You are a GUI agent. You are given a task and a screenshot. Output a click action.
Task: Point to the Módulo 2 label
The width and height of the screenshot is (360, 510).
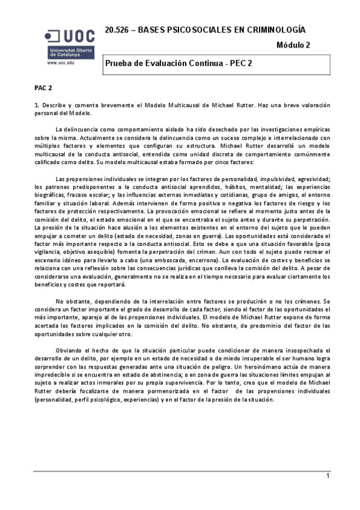pyautogui.click(x=293, y=45)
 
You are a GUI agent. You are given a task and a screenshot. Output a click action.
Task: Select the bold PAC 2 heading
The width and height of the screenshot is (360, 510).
pyautogui.click(x=43, y=88)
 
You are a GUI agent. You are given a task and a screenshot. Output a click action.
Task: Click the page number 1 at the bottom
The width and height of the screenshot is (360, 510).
pyautogui.click(x=328, y=493)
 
